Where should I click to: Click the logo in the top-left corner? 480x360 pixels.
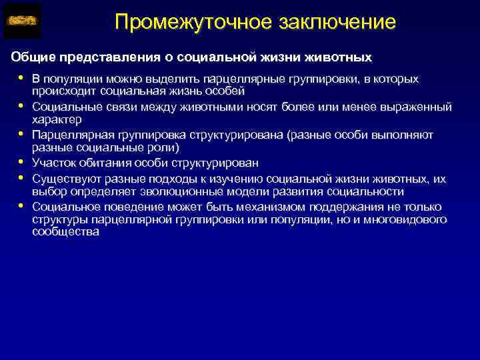[x=23, y=21]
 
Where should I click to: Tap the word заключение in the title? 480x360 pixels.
[x=333, y=22]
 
